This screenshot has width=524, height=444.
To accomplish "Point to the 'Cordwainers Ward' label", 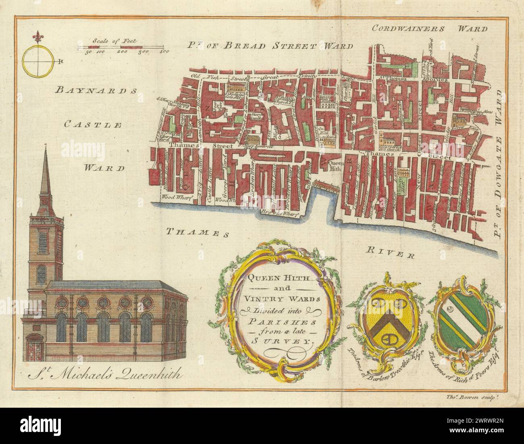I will [x=430, y=29].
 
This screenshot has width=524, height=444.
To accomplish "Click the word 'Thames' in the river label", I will [x=195, y=232].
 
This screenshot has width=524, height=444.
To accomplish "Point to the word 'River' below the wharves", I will [x=390, y=253].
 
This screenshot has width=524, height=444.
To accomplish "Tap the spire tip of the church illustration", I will [x=44, y=148].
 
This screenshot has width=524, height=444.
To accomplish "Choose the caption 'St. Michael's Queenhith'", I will [x=104, y=376].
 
